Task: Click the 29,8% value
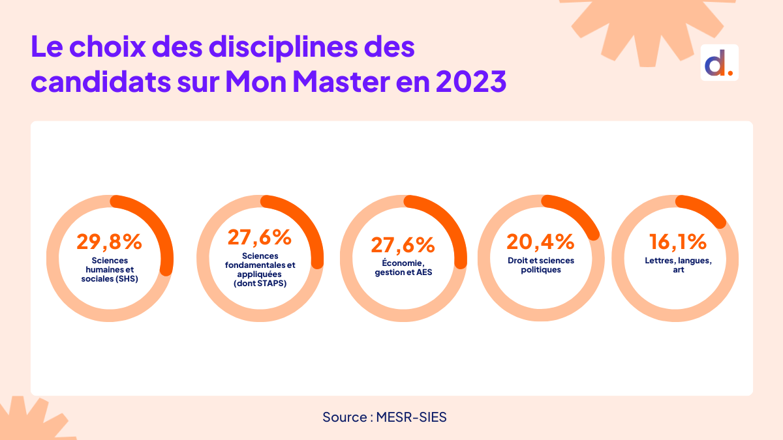109,241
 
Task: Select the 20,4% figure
540,241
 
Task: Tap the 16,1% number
677,241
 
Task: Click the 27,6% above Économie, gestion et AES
403,245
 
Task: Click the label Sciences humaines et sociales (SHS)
110,269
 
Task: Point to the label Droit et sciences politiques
541,265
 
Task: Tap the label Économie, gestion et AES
403,268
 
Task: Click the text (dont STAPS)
260,284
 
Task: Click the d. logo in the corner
719,63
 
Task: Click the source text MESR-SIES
412,417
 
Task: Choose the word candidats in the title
98,83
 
